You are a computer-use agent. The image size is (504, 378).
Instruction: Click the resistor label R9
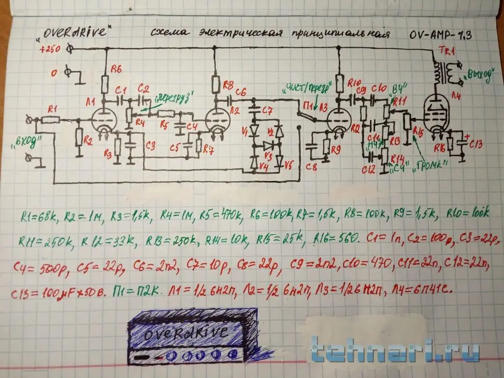(336, 150)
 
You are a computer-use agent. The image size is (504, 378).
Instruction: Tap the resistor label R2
(88, 141)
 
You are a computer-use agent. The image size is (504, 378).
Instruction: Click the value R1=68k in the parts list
(39, 216)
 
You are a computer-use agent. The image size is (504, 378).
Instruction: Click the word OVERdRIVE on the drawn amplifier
(186, 334)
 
